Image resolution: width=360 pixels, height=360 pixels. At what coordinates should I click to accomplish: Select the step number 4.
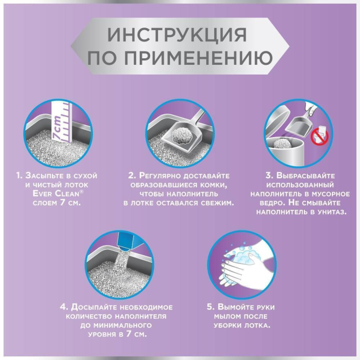[63, 307]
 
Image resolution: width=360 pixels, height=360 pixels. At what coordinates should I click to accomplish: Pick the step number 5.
[210, 307]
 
